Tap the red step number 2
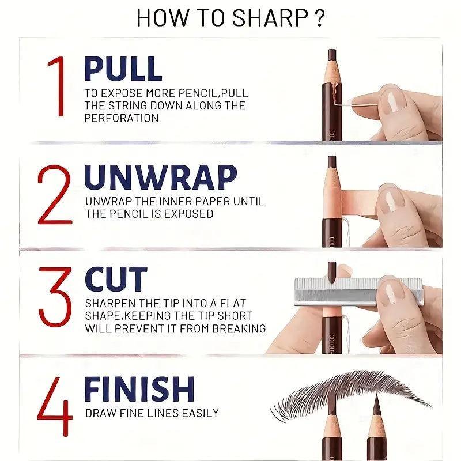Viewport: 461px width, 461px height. [55, 195]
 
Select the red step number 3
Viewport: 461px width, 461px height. [55, 296]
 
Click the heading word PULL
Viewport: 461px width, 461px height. [123, 69]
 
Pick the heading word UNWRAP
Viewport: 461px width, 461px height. [161, 177]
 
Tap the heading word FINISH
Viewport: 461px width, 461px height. [139, 389]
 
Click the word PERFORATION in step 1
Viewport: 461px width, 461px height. [122, 118]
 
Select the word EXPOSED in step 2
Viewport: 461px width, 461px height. [188, 214]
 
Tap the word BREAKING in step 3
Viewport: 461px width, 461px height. [239, 328]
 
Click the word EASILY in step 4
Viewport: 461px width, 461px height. [200, 413]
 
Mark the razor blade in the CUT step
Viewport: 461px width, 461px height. [358, 290]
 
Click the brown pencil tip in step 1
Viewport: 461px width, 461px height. [332, 56]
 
